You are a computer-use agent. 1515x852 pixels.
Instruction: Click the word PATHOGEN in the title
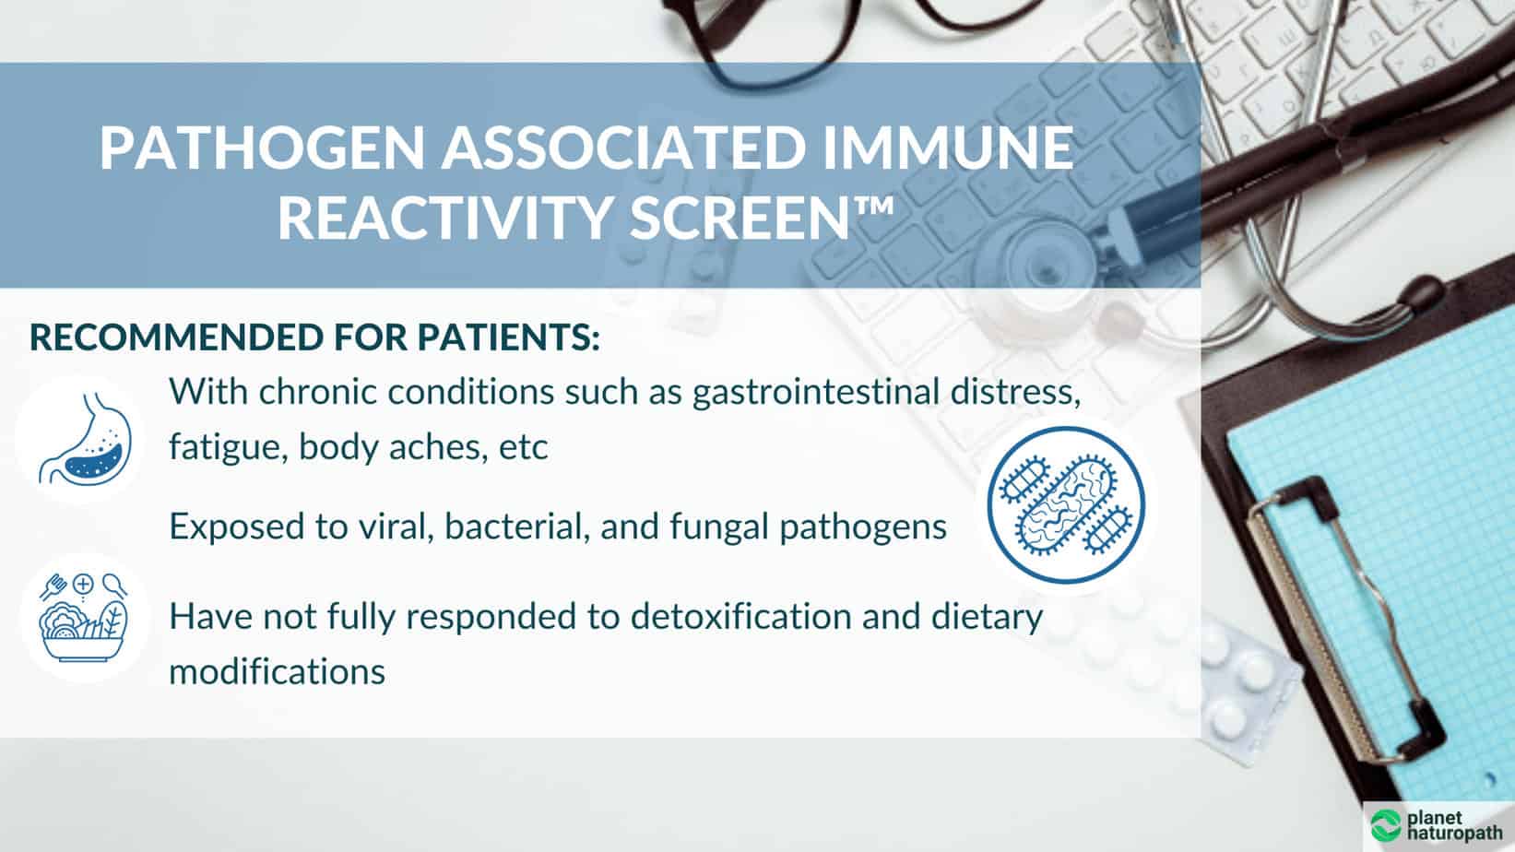(x=263, y=147)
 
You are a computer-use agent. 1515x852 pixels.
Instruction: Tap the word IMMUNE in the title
(x=948, y=147)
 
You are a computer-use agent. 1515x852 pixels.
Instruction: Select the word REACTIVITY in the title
(x=445, y=218)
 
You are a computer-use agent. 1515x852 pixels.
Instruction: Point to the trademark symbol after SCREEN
(x=873, y=206)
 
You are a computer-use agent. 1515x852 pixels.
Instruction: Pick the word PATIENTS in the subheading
(x=507, y=337)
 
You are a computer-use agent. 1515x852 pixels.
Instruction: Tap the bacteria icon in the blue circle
(x=1066, y=504)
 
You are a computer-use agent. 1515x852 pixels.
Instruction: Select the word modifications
(x=278, y=671)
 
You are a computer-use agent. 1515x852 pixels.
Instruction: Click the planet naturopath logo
(x=1437, y=825)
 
